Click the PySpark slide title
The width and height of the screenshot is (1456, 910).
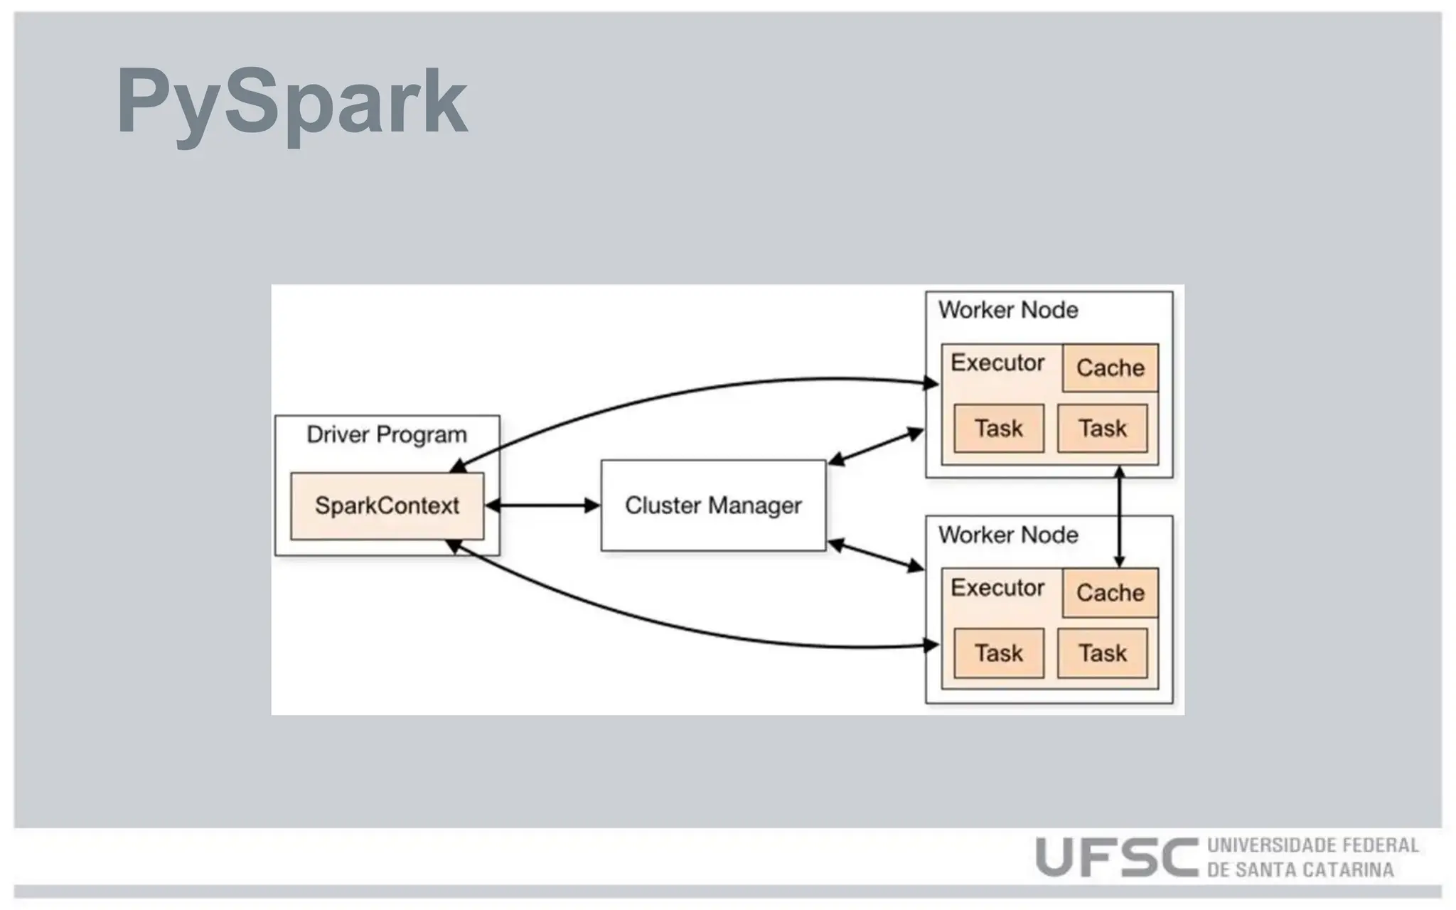click(291, 101)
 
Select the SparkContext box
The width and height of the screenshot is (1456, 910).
click(387, 505)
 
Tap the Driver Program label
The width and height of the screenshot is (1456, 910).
click(387, 434)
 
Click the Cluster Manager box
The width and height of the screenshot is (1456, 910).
click(713, 505)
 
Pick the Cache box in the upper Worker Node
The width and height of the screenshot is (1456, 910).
click(1110, 368)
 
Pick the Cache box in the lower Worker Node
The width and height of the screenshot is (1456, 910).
click(1110, 592)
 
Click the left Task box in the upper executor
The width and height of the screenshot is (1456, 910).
click(998, 428)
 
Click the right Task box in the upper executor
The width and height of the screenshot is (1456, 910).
click(1102, 428)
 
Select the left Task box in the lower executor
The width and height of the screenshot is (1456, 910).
click(998, 653)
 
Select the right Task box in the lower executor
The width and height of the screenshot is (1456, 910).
click(1102, 653)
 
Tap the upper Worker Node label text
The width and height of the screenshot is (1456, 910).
click(1007, 310)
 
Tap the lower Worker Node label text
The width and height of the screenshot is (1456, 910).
click(1007, 535)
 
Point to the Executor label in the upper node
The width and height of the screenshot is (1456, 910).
click(997, 363)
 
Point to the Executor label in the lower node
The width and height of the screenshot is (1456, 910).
click(997, 587)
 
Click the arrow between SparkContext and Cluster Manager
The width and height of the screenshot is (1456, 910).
click(542, 505)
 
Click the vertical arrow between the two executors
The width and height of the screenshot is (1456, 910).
click(1119, 517)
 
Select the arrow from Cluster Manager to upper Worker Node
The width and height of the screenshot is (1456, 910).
click(876, 447)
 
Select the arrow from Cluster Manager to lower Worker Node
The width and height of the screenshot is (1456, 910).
click(876, 555)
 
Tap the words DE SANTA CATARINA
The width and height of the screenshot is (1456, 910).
click(1300, 869)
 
